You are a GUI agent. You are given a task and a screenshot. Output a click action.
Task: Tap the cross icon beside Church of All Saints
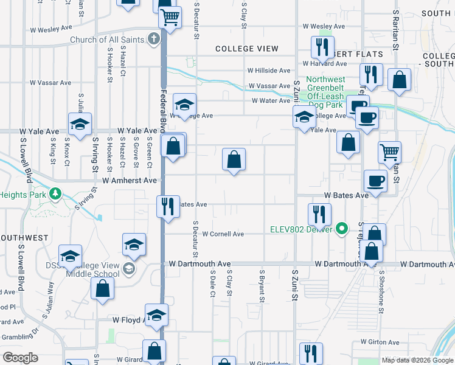pyautogui.click(x=154, y=40)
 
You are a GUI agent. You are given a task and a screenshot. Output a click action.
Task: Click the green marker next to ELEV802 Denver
pyautogui.click(x=342, y=229)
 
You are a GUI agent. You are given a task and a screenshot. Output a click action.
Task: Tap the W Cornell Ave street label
pyautogui.click(x=223, y=234)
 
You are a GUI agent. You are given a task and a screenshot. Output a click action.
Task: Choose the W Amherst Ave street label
pyautogui.click(x=130, y=181)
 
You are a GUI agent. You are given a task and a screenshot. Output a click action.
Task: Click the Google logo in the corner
pyautogui.click(x=20, y=357)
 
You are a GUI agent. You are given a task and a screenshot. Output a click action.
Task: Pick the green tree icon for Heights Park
pyautogui.click(x=56, y=194)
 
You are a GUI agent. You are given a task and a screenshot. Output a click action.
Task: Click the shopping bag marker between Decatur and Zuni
pyautogui.click(x=234, y=161)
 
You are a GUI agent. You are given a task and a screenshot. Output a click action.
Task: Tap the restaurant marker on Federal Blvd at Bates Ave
pyautogui.click(x=167, y=206)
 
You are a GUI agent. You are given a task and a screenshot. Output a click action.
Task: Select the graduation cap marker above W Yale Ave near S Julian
pyautogui.click(x=80, y=125)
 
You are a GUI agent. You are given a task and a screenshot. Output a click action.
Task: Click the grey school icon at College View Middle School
pyautogui.click(x=128, y=268)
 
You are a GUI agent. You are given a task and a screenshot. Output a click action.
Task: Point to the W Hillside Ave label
pyautogui.click(x=268, y=71)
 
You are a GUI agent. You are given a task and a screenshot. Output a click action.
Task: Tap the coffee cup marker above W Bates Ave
pyautogui.click(x=375, y=181)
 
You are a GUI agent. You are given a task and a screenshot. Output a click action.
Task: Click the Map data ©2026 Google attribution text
pyautogui.click(x=417, y=360)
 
